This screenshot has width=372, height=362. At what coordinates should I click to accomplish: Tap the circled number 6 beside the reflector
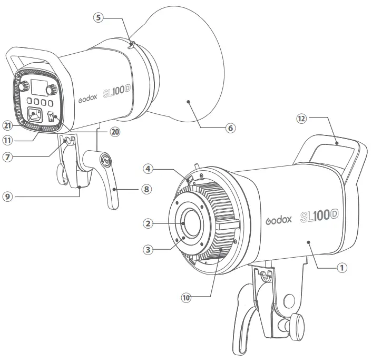click(x=231, y=128)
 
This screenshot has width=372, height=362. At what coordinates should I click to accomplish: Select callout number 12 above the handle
click(x=301, y=120)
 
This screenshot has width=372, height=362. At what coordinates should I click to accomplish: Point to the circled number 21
click(x=7, y=125)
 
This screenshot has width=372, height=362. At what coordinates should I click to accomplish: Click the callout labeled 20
click(x=115, y=131)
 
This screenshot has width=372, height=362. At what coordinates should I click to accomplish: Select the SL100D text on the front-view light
click(x=319, y=216)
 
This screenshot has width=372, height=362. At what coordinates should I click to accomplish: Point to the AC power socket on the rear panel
click(x=34, y=115)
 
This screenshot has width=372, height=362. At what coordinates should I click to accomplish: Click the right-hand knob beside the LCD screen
click(x=51, y=90)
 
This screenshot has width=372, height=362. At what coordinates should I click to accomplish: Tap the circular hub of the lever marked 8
click(x=105, y=161)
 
